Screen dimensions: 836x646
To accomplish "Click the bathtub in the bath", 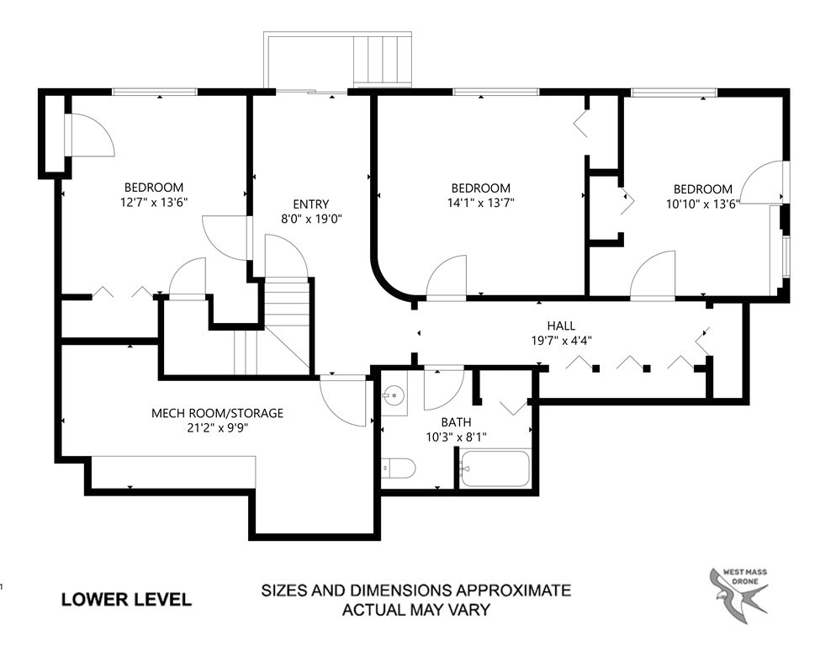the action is [496, 469].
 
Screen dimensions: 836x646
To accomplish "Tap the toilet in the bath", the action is [399, 469].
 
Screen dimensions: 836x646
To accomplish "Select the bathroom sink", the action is [394, 395].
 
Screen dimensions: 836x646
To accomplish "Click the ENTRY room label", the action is [311, 204].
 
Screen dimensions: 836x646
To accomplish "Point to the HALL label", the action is [561, 326].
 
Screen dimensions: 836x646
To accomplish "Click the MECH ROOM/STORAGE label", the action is [218, 413].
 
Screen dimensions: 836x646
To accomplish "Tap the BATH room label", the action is [457, 422].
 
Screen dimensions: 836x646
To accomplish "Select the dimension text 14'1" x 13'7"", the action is [481, 203].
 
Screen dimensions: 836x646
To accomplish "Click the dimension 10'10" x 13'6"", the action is [703, 204].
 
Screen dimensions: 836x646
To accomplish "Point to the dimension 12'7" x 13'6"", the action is [154, 202].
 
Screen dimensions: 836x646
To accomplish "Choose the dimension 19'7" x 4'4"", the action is [562, 341].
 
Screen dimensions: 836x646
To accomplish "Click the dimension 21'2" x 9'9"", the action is [218, 428].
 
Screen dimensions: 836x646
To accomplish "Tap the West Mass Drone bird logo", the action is [739, 590].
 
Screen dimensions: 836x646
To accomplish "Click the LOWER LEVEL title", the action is [126, 600].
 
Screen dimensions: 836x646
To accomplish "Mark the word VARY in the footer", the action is [472, 609].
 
